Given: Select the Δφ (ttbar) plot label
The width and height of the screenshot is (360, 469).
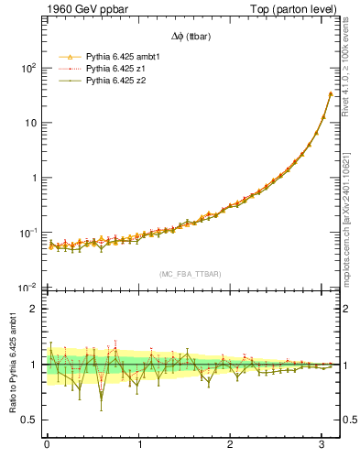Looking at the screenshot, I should coord(190,36).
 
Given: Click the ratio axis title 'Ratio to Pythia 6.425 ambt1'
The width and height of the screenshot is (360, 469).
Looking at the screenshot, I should coord(12,365).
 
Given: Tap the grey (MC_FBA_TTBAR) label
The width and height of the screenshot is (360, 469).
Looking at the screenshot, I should coord(190,275).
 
